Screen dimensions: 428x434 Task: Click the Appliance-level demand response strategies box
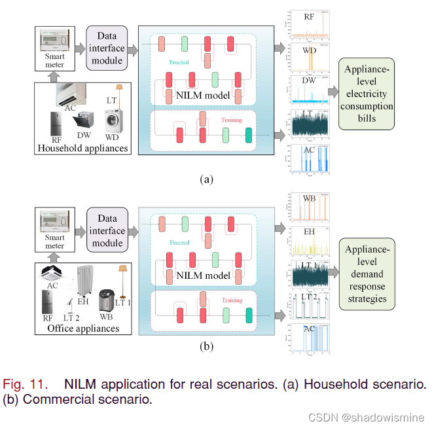coord(366,273)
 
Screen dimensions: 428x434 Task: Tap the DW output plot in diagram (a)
coord(308,91)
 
